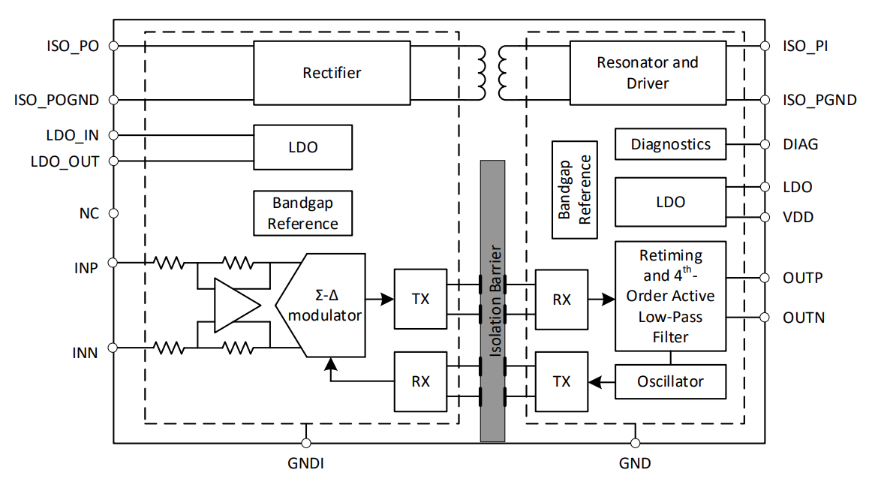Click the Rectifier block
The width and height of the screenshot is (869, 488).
click(x=332, y=73)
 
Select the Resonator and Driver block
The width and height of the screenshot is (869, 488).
click(x=648, y=73)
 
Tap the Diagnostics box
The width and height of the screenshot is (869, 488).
click(x=670, y=144)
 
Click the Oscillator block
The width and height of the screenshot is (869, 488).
click(x=670, y=381)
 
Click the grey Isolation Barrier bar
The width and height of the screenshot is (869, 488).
click(x=492, y=300)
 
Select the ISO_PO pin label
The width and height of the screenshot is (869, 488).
click(x=72, y=46)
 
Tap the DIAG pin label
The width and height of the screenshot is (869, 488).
click(x=800, y=144)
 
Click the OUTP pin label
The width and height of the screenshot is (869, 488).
click(x=802, y=277)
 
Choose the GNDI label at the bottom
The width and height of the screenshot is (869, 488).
click(x=305, y=463)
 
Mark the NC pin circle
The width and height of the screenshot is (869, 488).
click(x=113, y=213)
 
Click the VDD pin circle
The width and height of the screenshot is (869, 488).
click(x=765, y=217)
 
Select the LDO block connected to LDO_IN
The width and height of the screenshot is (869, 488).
click(x=302, y=147)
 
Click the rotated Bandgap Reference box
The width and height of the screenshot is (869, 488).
click(x=575, y=189)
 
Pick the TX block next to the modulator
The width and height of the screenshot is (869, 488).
click(x=420, y=298)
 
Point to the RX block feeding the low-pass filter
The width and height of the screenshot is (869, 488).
click(x=561, y=300)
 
